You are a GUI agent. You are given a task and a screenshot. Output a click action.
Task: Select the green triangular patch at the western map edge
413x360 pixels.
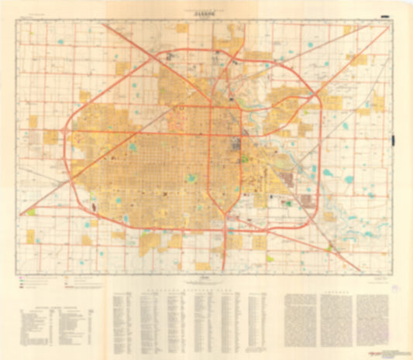[31, 211]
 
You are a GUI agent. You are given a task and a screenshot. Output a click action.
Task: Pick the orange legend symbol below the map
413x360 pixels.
[67, 276]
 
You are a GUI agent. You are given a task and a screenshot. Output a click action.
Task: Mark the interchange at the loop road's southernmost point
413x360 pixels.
[225, 229]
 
